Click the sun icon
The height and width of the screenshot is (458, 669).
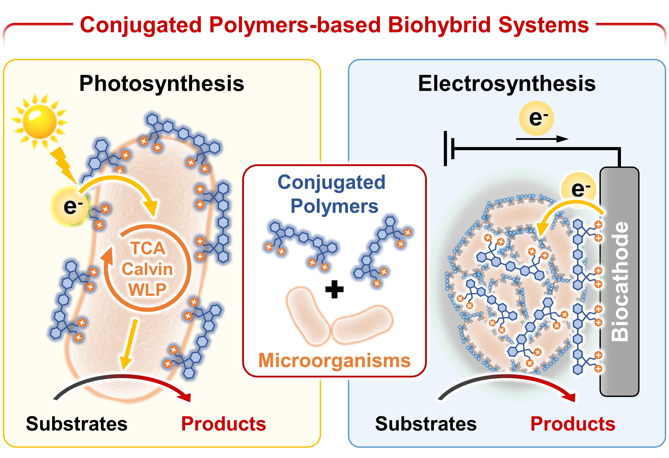click(40, 121)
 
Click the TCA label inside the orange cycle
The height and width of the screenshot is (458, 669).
click(148, 248)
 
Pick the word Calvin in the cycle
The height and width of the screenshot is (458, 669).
click(147, 269)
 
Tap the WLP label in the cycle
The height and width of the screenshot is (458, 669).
click(147, 290)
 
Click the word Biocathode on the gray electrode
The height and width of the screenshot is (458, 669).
click(620, 282)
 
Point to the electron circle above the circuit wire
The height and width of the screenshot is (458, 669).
click(536, 118)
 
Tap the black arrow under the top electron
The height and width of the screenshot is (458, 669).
click(542, 139)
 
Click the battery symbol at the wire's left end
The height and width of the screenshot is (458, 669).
click(449, 149)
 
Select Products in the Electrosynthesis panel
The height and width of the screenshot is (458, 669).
click(573, 424)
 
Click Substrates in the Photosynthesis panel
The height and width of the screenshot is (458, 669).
click(76, 424)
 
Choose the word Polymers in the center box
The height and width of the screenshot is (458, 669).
click(334, 206)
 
